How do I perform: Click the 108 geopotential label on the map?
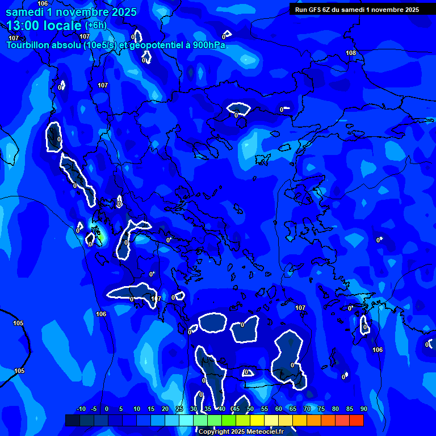pos(351,53)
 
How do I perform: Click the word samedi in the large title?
pos(26,12)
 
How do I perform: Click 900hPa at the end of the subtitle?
pos(207,45)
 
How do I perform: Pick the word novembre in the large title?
pos(83,12)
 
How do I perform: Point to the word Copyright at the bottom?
pos(214,432)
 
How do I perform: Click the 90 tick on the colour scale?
pos(363,409)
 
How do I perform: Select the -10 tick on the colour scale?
pos(81,409)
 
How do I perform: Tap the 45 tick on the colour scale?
pos(236,409)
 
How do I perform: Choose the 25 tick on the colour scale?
pos(179,409)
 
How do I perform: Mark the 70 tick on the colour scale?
pos(307,409)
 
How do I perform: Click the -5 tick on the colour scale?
pos(94,409)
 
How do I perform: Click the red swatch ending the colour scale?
pos(357,420)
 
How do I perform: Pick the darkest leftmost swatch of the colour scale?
pos(72,420)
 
